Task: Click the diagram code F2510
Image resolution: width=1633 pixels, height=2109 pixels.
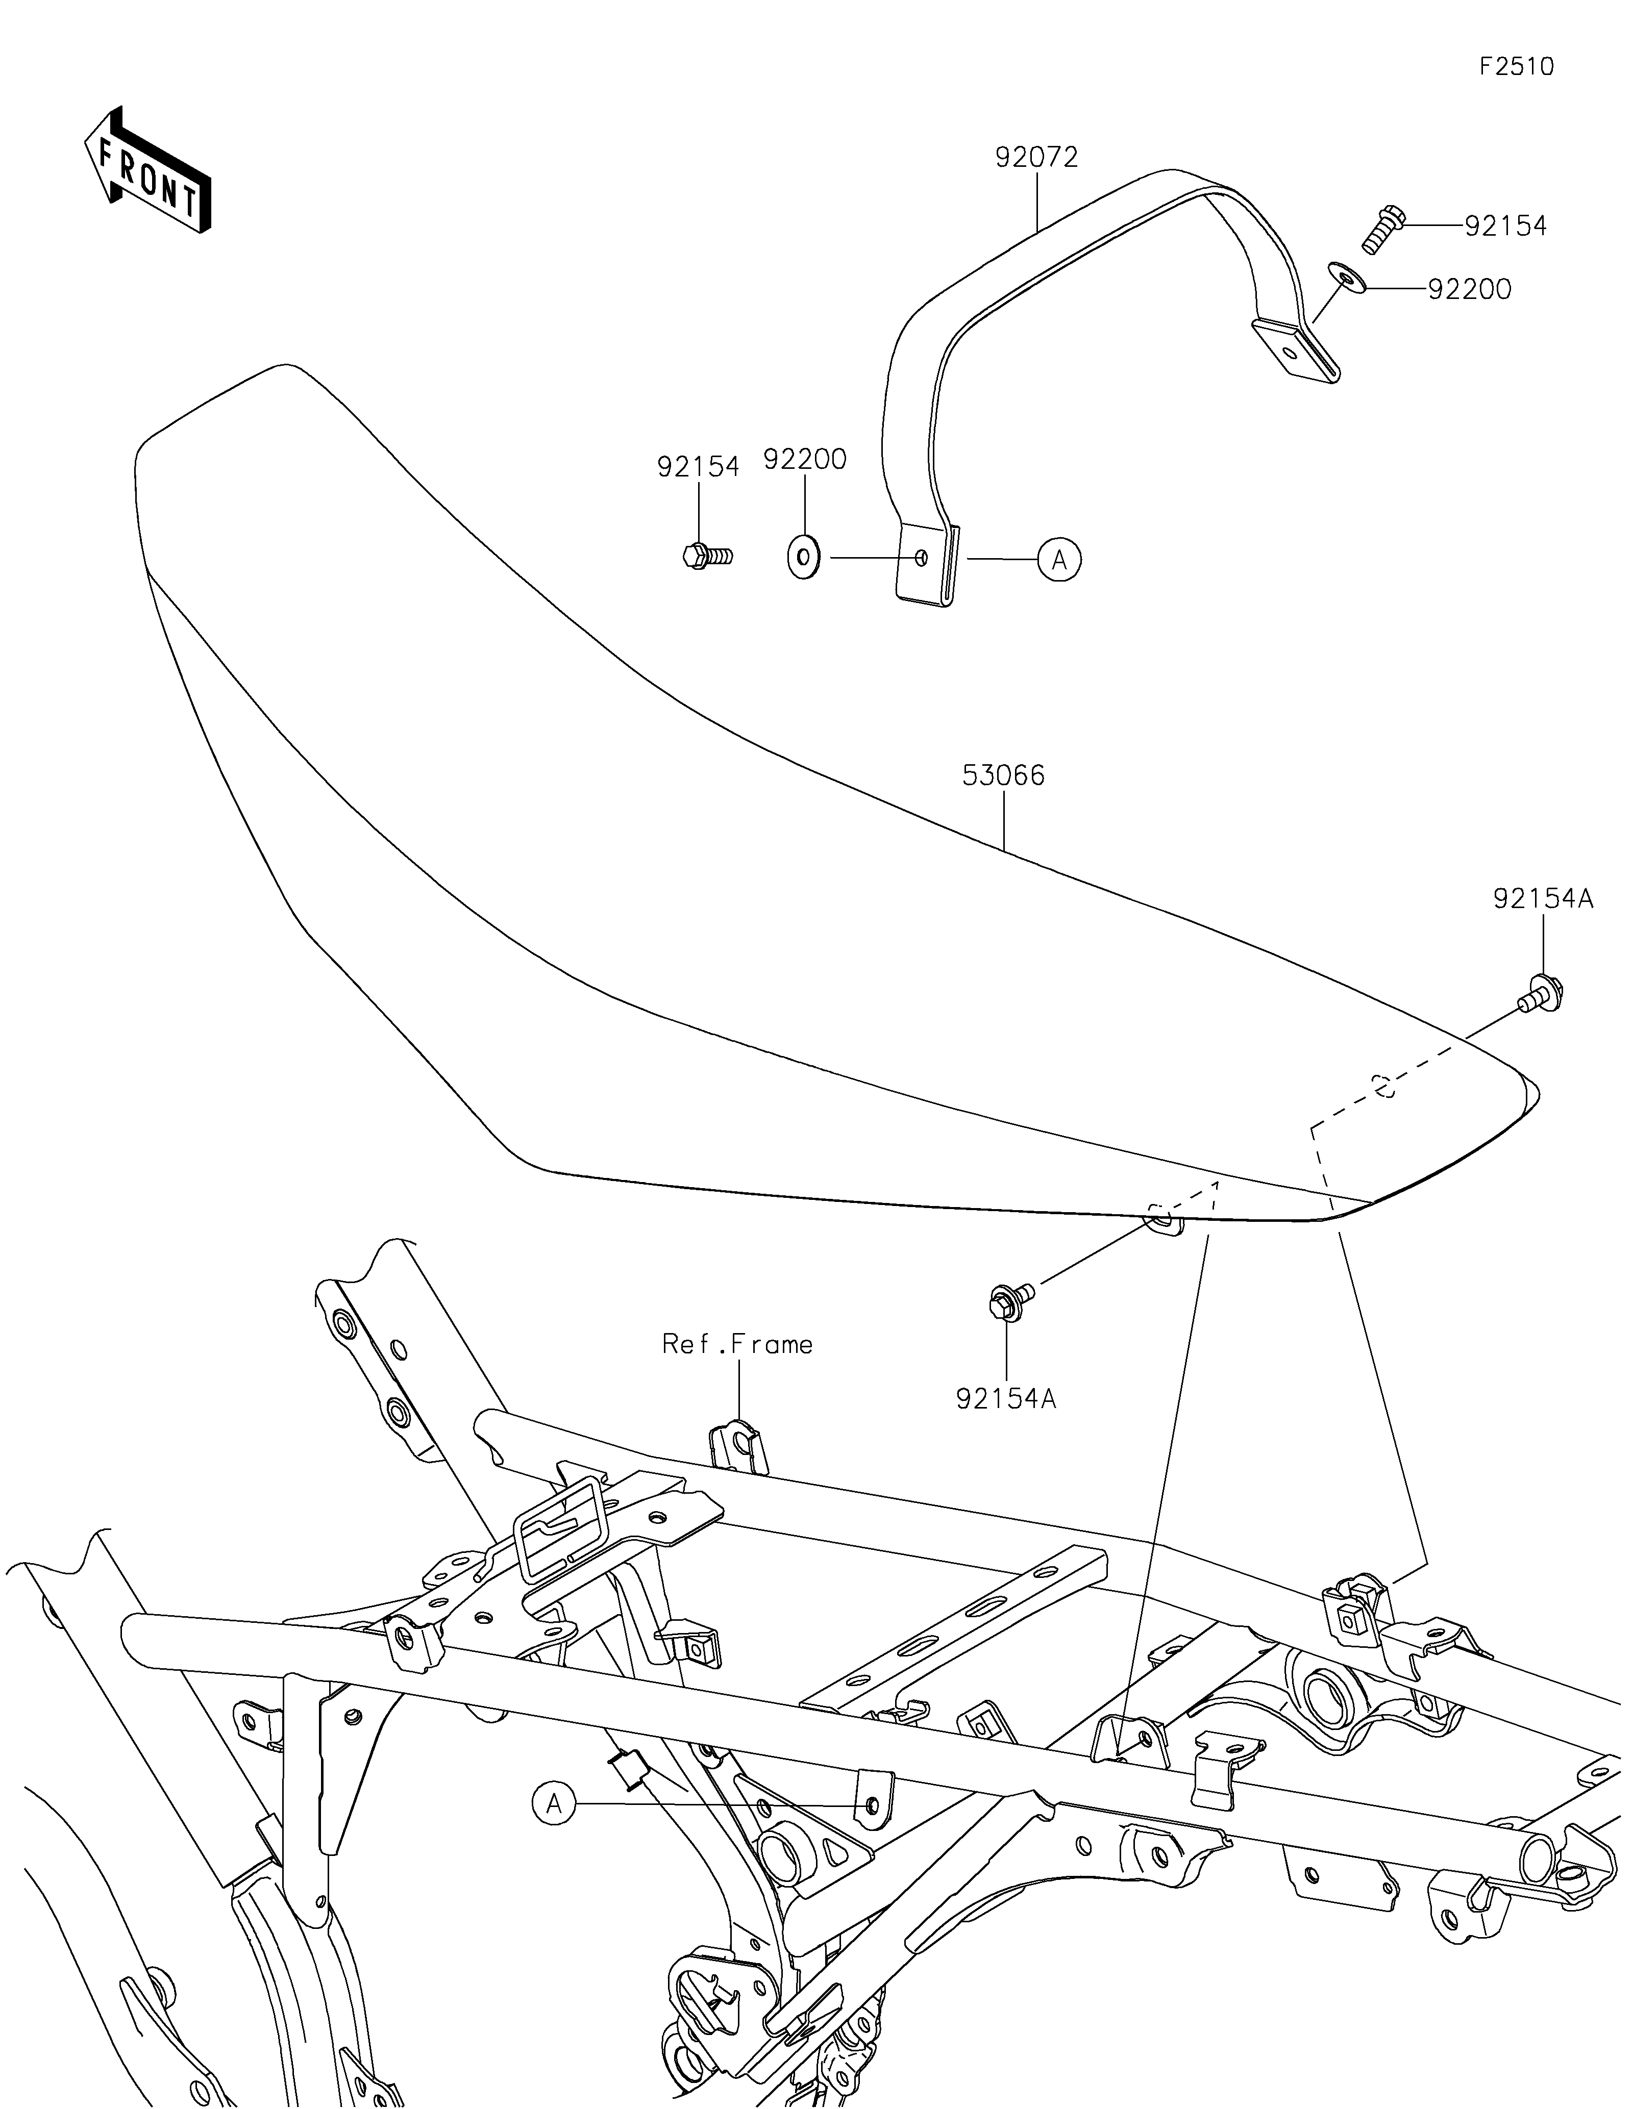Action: point(1517,67)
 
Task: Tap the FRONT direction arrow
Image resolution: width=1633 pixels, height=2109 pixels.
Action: point(147,169)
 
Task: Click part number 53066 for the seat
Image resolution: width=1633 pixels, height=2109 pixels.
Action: point(1003,775)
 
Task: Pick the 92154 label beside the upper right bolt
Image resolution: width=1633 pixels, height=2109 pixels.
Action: point(1505,226)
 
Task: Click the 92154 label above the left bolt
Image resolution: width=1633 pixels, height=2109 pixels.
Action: point(698,466)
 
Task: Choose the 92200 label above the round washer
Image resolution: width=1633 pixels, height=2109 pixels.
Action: point(804,460)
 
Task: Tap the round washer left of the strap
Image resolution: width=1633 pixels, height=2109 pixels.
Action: point(803,558)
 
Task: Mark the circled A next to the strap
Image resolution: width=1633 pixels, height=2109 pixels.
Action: point(1059,559)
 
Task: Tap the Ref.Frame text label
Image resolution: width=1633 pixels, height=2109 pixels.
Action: point(737,1344)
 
